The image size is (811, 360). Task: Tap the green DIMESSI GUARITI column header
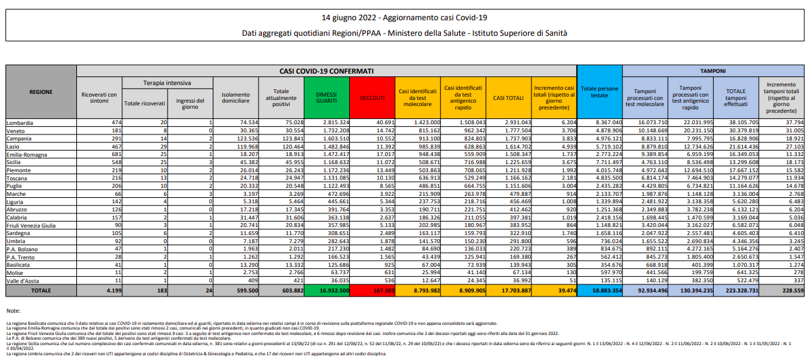327,98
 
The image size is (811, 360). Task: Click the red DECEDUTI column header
371,98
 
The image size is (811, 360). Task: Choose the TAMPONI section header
712,70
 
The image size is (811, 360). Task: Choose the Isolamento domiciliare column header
236,98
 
